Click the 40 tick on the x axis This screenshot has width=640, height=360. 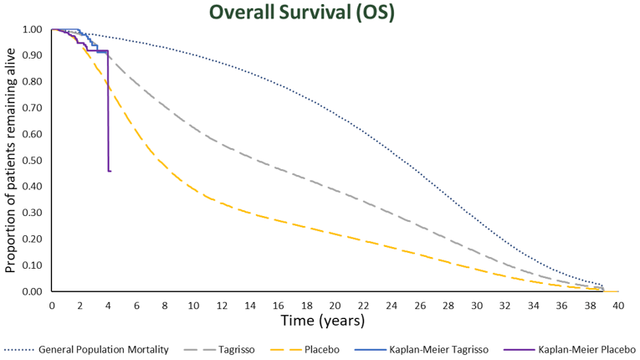[618, 306]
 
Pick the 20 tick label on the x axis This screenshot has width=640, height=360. [335, 306]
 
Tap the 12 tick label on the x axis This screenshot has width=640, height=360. [222, 306]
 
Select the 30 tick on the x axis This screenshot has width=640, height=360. [477, 306]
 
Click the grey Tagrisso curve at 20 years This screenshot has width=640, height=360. [335, 190]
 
